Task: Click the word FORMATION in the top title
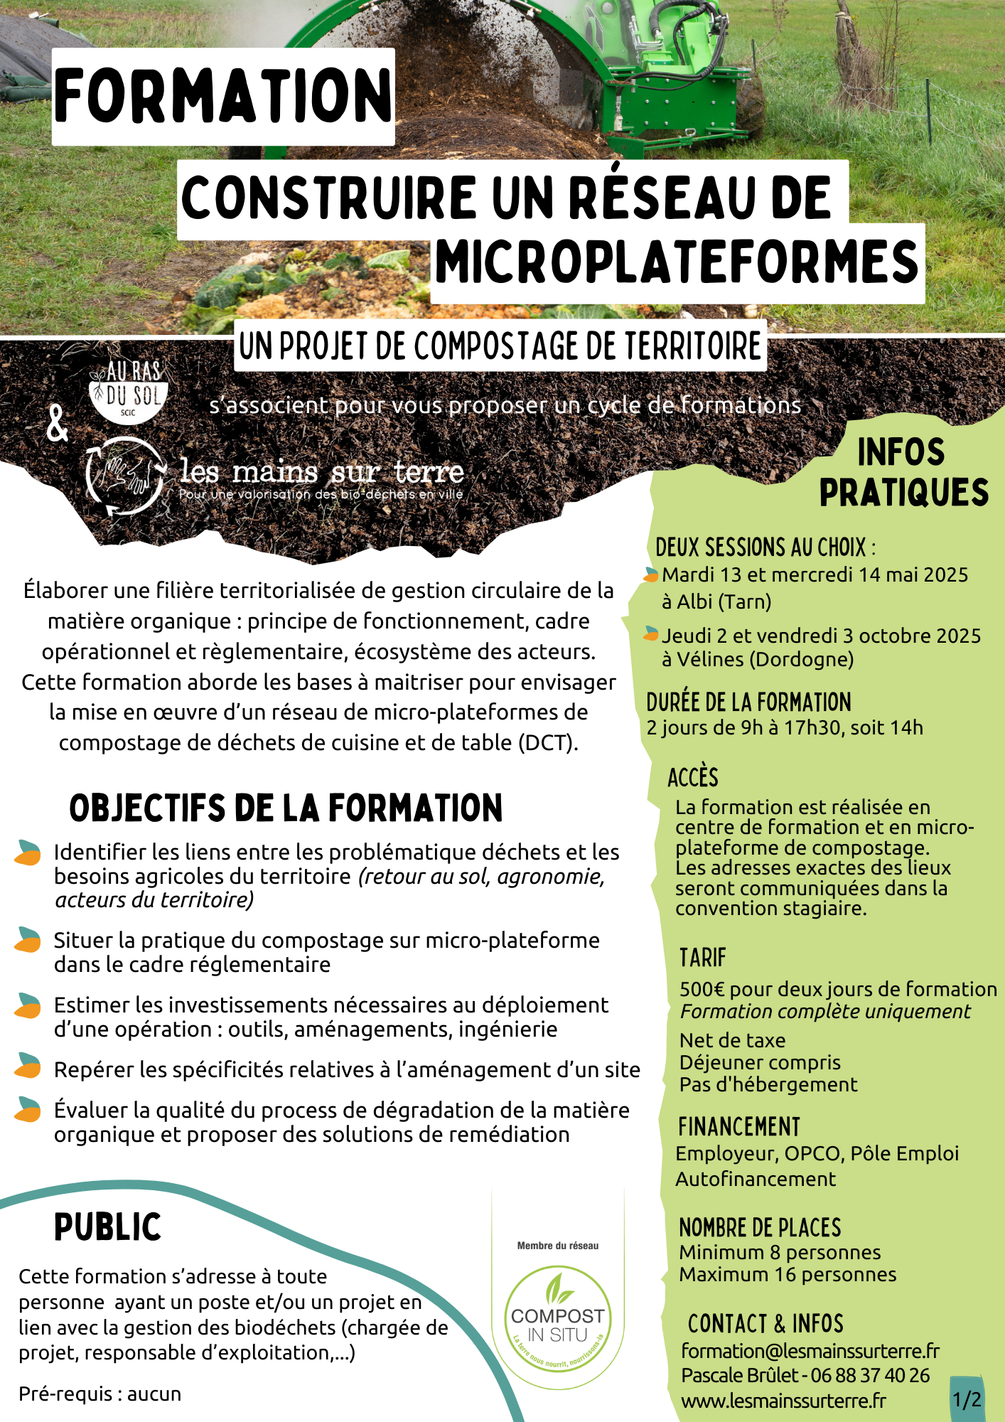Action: pos(223,96)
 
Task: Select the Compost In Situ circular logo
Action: pos(558,1326)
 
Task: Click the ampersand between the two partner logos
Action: pos(56,424)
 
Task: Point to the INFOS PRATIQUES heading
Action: pos(903,472)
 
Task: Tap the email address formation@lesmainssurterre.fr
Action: pos(810,1350)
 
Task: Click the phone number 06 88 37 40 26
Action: pos(870,1375)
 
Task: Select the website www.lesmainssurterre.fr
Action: pos(783,1401)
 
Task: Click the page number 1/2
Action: pos(967,1399)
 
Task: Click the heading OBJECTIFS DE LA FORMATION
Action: pos(286,808)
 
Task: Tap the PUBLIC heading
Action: pos(108,1227)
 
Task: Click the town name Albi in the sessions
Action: pos(694,602)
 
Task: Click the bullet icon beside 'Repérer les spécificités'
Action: pos(28,1066)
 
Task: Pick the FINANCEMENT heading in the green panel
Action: pos(739,1127)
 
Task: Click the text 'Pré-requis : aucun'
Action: pos(100,1394)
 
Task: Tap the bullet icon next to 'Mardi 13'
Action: pos(651,574)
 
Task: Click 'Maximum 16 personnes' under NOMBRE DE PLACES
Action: pos(788,1274)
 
